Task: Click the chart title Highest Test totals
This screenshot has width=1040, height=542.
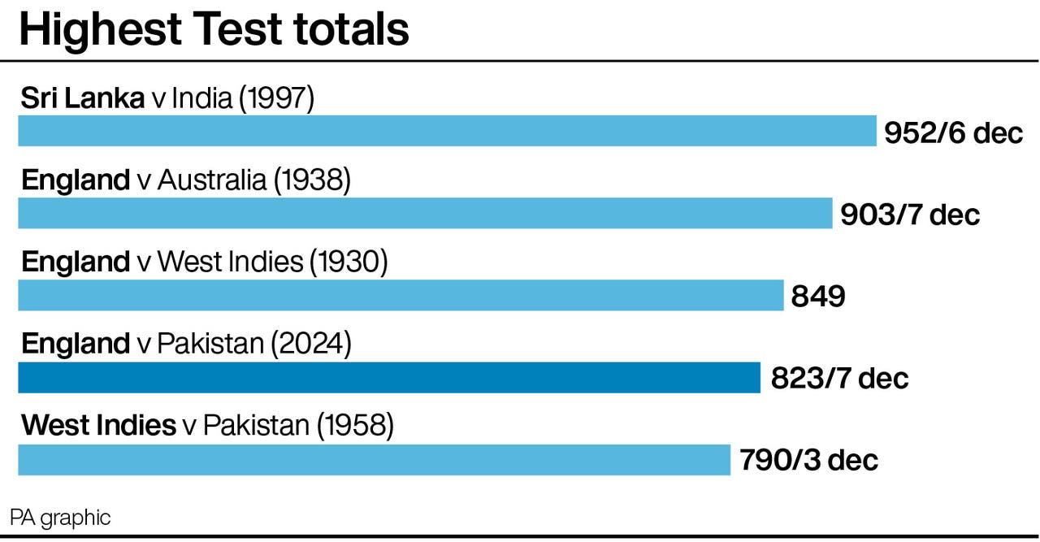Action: (x=214, y=29)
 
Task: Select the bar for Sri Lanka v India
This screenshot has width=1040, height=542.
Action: (x=447, y=131)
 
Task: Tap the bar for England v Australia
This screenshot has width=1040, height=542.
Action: (x=425, y=213)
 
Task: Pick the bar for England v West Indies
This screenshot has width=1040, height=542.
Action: (x=401, y=295)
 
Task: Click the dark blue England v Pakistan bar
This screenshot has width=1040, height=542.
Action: (x=389, y=378)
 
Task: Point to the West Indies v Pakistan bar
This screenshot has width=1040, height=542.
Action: (x=374, y=460)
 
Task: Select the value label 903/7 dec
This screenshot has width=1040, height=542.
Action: (x=910, y=215)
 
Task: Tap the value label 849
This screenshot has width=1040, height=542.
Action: (x=818, y=297)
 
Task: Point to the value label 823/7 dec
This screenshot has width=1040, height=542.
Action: (x=839, y=379)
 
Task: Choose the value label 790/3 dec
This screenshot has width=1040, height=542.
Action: (x=808, y=461)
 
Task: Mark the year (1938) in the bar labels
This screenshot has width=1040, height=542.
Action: (x=312, y=180)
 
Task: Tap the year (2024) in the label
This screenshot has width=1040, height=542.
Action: (x=312, y=345)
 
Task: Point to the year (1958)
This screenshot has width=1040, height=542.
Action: (x=355, y=426)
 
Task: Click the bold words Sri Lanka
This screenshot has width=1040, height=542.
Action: (x=82, y=98)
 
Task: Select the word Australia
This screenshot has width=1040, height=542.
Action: (x=212, y=180)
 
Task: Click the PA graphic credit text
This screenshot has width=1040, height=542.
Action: (x=60, y=517)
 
